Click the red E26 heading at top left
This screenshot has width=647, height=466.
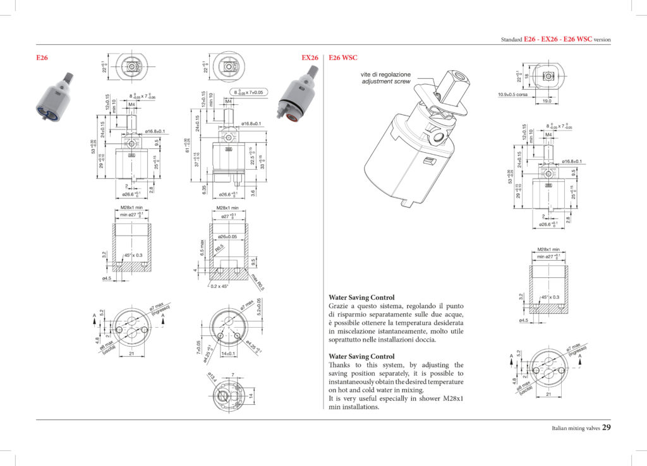[x=42, y=57]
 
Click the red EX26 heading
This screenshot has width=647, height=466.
[x=310, y=57]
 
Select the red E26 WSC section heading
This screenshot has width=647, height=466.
[x=343, y=57]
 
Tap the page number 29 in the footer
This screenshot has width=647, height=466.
[x=606, y=427]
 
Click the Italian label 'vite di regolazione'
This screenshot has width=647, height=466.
[x=385, y=75]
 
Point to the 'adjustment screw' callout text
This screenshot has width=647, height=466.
[x=386, y=82]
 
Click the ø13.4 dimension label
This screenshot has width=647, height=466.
[x=212, y=378]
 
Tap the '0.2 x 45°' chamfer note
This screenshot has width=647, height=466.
[x=219, y=286]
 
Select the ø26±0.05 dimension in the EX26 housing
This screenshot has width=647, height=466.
[x=227, y=237]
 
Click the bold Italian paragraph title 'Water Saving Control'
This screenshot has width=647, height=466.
[x=361, y=297]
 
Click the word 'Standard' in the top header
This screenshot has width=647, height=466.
[x=511, y=39]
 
